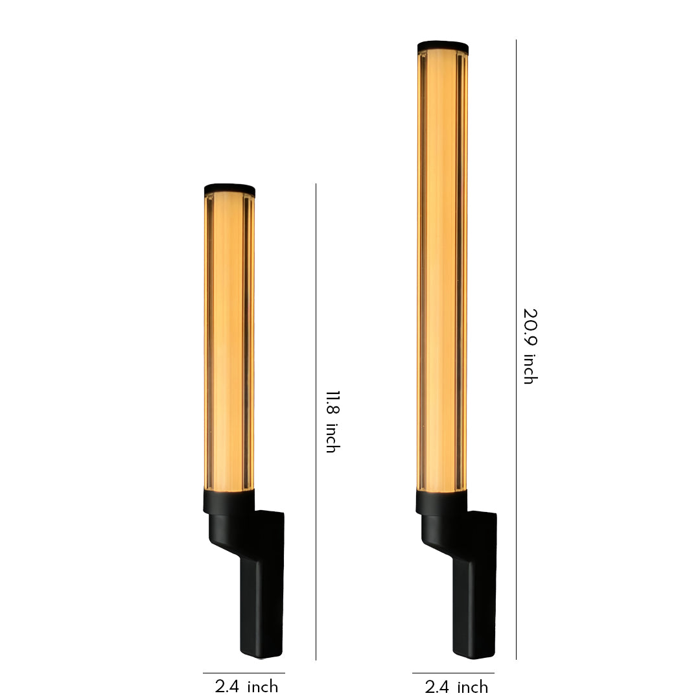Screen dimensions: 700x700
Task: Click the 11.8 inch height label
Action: pyautogui.click(x=332, y=421)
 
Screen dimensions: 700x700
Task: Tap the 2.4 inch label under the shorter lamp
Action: pyautogui.click(x=246, y=686)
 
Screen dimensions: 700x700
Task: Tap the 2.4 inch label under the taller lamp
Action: pyautogui.click(x=456, y=686)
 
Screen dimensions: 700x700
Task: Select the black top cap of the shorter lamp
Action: pyautogui.click(x=229, y=189)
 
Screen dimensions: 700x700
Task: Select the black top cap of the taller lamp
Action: pyautogui.click(x=443, y=47)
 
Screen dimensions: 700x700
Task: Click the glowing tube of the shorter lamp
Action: pyautogui.click(x=229, y=337)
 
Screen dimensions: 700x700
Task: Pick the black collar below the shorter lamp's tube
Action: pyautogui.click(x=229, y=501)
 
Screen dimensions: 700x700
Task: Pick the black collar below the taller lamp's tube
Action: pyautogui.click(x=441, y=501)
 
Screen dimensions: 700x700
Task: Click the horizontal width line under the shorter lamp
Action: pyautogui.click(x=244, y=673)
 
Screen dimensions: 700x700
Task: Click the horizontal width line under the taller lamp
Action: pyautogui.click(x=453, y=673)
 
